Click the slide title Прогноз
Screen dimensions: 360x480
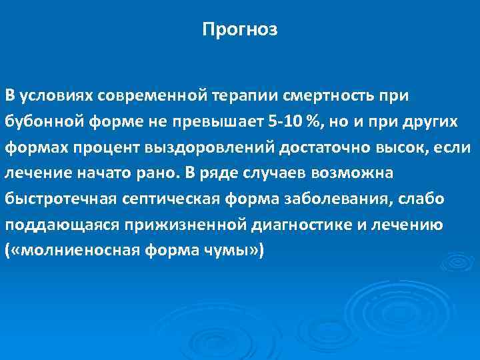(x=240, y=30)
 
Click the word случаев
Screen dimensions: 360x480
(x=259, y=174)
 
